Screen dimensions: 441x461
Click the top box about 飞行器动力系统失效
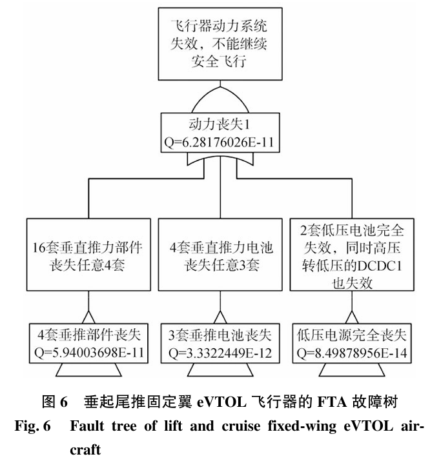click(x=220, y=44)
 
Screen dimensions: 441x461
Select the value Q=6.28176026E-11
click(x=220, y=142)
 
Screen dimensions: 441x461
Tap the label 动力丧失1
click(x=220, y=124)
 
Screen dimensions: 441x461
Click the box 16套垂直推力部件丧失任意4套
click(x=88, y=255)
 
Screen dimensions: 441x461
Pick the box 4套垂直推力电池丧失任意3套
click(x=220, y=255)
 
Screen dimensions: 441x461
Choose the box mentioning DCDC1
click(x=352, y=255)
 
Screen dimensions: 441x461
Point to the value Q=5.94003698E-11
click(x=89, y=353)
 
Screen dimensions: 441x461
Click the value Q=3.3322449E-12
click(x=220, y=353)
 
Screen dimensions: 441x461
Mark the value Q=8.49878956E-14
click(x=352, y=353)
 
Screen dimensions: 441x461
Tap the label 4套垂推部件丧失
click(x=89, y=335)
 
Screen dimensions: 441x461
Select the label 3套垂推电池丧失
click(x=220, y=335)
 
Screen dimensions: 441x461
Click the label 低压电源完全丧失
click(x=352, y=335)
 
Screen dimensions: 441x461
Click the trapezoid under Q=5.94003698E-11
click(x=88, y=370)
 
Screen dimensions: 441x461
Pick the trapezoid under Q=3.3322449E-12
click(x=220, y=370)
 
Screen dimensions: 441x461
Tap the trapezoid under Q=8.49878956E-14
click(x=352, y=370)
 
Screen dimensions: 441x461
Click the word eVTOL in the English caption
click(x=368, y=426)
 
